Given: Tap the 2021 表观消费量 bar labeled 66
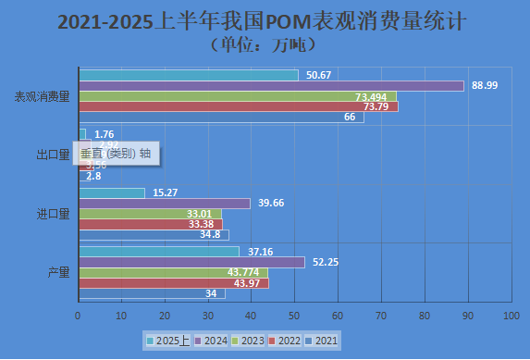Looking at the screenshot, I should [x=221, y=117].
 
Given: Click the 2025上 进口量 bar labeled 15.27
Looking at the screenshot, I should [x=112, y=192].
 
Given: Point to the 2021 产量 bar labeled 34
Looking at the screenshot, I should [x=152, y=293].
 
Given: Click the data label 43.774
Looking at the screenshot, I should [x=242, y=272].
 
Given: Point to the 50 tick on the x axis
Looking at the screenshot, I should [x=295, y=316].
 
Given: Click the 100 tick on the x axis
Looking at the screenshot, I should [x=510, y=316].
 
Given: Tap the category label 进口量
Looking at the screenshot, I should [x=53, y=214].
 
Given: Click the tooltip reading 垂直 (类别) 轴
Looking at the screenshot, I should [x=116, y=154].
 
